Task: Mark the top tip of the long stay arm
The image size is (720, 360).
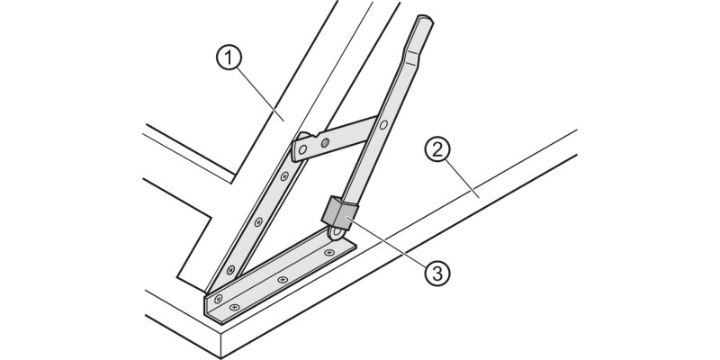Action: [424, 20]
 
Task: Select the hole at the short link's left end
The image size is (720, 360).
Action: [303, 145]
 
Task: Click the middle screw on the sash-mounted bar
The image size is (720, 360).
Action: [258, 220]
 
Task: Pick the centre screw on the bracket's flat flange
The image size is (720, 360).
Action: [283, 280]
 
